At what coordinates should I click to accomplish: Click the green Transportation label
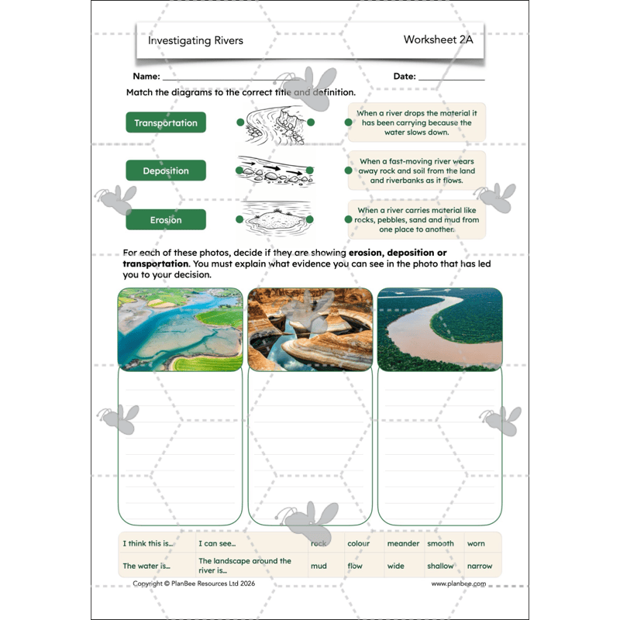pyautogui.click(x=166, y=122)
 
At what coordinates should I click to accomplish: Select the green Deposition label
pyautogui.click(x=166, y=170)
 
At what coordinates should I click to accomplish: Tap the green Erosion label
pyautogui.click(x=166, y=219)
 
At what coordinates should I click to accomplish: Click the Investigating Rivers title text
pyautogui.click(x=195, y=40)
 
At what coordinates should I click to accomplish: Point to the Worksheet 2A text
pyautogui.click(x=438, y=40)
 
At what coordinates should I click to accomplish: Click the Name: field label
pyautogui.click(x=146, y=77)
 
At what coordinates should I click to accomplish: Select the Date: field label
pyautogui.click(x=405, y=77)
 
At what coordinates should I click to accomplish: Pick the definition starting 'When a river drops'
pyautogui.click(x=417, y=122)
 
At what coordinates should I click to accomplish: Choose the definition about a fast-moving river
pyautogui.click(x=417, y=171)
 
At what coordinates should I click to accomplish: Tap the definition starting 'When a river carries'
pyautogui.click(x=417, y=220)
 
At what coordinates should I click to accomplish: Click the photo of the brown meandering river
pyautogui.click(x=439, y=329)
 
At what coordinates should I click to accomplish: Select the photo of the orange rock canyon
pyautogui.click(x=309, y=329)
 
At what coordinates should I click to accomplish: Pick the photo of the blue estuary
pyautogui.click(x=180, y=329)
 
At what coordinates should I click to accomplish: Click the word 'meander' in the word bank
pyautogui.click(x=403, y=543)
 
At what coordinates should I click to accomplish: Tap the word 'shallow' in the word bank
pyautogui.click(x=441, y=566)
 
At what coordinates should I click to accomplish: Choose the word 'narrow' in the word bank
pyautogui.click(x=480, y=566)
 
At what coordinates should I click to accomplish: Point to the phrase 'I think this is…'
pyautogui.click(x=149, y=543)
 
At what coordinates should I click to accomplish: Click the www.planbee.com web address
pyautogui.click(x=459, y=584)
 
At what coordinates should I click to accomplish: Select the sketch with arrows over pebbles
pyautogui.click(x=275, y=171)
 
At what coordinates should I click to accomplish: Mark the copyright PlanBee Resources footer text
pyautogui.click(x=194, y=584)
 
